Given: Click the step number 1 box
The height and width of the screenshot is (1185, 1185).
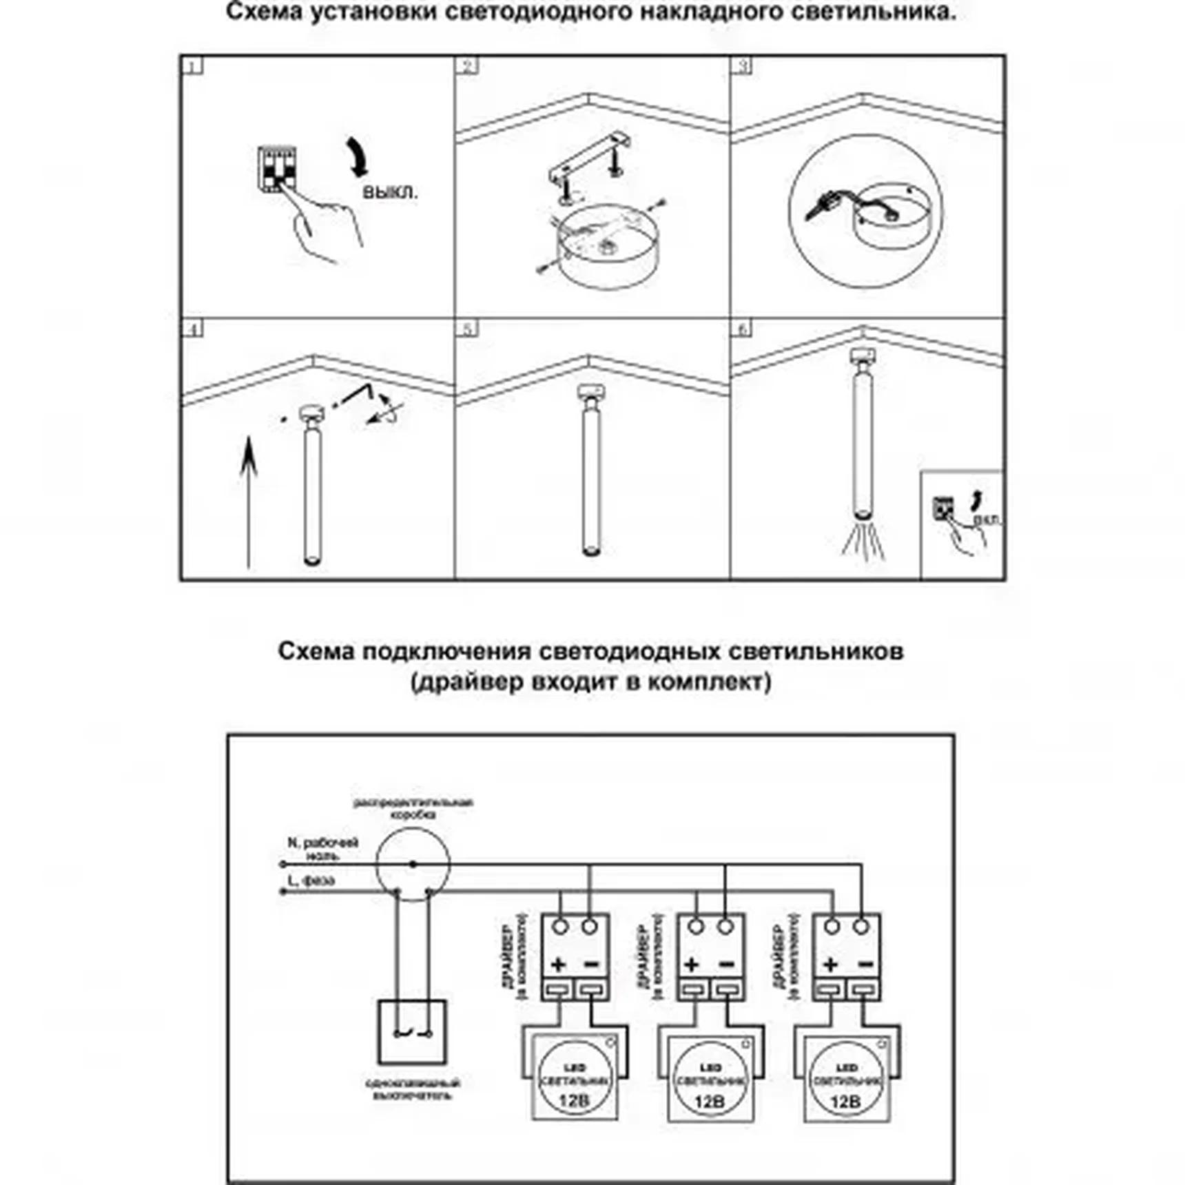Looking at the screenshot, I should coord(194,66).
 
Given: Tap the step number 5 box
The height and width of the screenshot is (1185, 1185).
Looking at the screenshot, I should coord(468,329).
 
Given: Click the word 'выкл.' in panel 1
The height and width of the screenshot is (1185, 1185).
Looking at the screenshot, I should coord(390,192).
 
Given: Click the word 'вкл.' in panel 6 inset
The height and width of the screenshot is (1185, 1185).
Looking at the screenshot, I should coord(987,519).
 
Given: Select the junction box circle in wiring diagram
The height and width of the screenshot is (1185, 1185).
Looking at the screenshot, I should coord(413,865).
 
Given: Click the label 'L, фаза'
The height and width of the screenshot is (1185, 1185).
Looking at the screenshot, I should coord(311,880).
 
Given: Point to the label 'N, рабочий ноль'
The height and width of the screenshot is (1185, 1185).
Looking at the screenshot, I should coord(322,849).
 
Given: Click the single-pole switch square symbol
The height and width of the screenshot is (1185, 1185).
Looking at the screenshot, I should coord(412,1032).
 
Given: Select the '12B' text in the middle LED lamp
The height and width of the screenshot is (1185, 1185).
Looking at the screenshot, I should coord(709,1101).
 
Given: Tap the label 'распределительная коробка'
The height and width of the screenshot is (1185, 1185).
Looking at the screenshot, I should coord(413,808).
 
